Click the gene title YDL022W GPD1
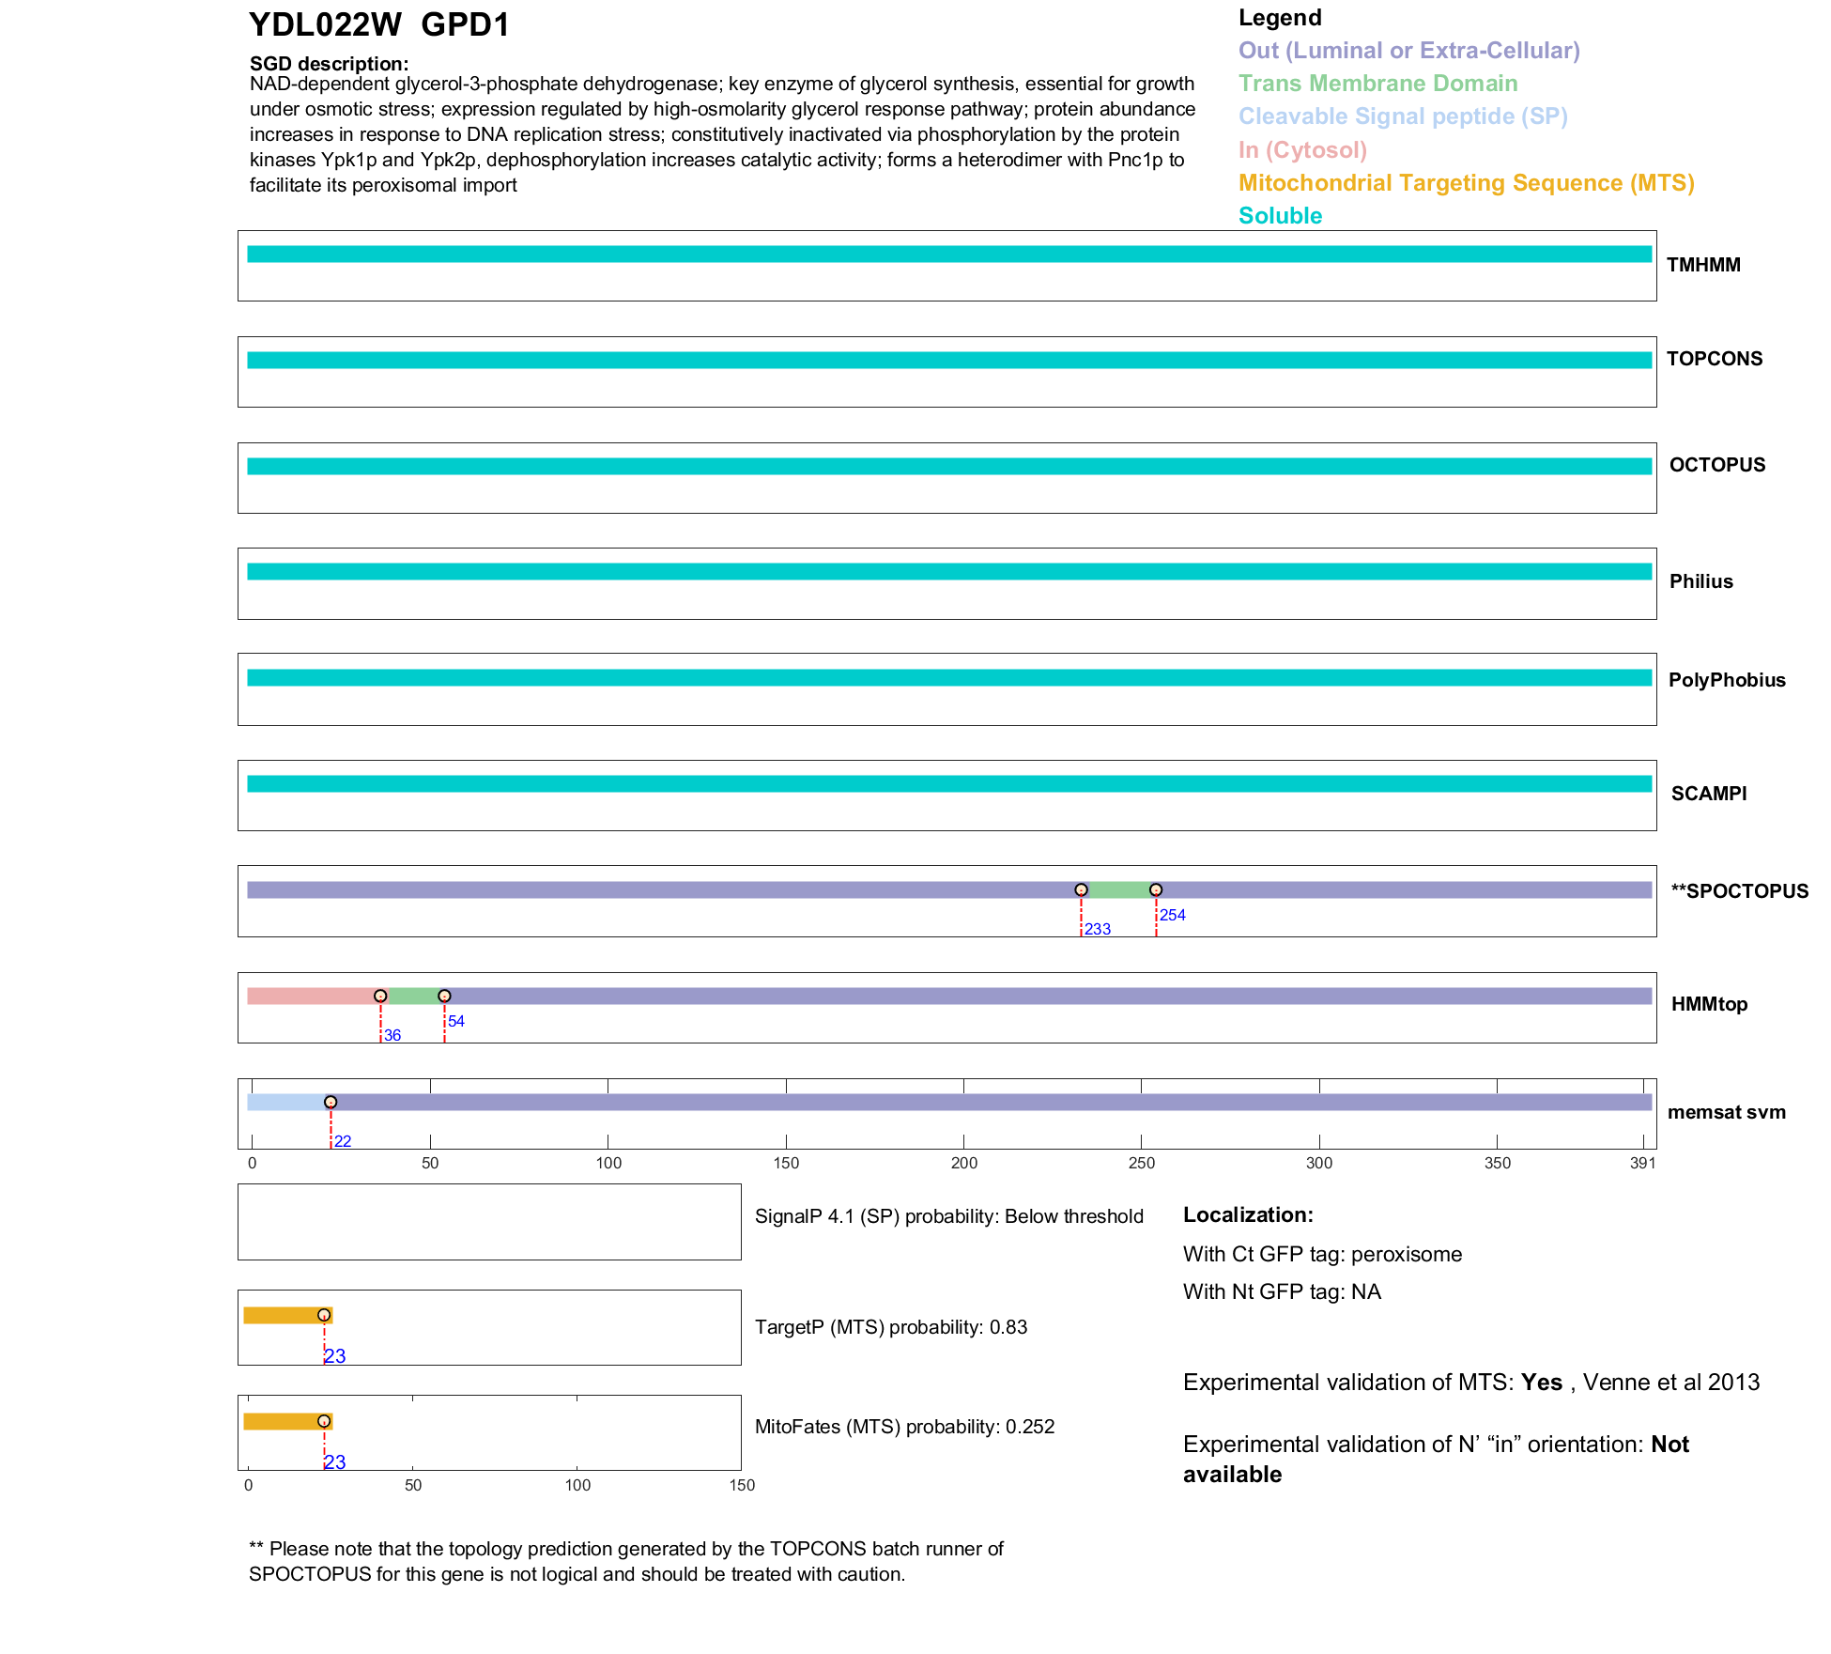(378, 24)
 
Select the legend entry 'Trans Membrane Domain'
(1377, 84)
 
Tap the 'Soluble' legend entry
(1280, 216)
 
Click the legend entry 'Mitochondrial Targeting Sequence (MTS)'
(1466, 183)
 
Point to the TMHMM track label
(1703, 265)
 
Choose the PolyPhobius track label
(1727, 680)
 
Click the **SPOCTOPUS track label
(1739, 891)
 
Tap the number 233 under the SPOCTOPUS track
(1098, 929)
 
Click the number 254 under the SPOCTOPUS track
(1173, 915)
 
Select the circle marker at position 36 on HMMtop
(380, 996)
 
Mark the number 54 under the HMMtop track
(456, 1021)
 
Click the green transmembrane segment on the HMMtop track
(412, 996)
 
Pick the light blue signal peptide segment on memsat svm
(286, 1102)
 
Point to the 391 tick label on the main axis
(1643, 1163)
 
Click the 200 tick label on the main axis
(964, 1163)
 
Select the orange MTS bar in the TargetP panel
(282, 1315)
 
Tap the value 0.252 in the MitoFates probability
(1030, 1427)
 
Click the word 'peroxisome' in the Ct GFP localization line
(1407, 1255)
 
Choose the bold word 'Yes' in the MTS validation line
(1542, 1383)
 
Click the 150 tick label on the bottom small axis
(742, 1485)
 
